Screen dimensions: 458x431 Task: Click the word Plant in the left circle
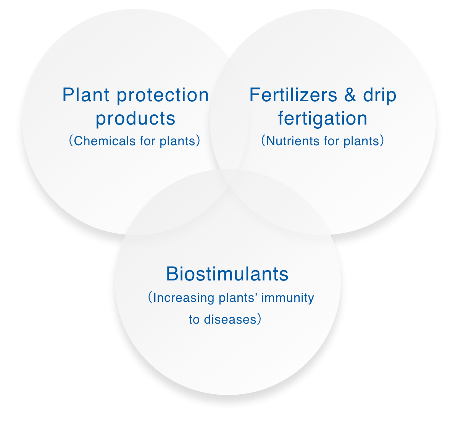(86, 95)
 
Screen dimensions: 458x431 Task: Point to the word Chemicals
(105, 141)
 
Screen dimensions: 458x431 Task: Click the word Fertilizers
(293, 95)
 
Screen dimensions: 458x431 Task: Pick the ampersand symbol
(350, 95)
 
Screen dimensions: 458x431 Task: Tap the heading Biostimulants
(227, 274)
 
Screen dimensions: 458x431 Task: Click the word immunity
(287, 298)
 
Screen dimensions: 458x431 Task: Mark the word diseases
(230, 320)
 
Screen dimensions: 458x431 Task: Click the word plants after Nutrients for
(361, 141)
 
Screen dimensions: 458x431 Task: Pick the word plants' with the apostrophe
(238, 298)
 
